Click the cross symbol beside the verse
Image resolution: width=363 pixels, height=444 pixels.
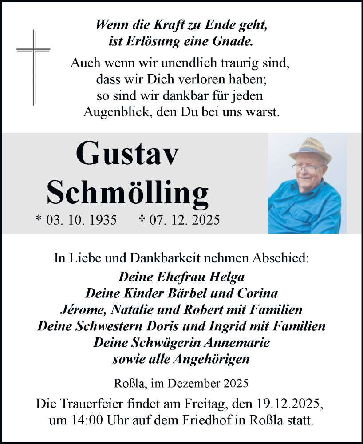(33, 67)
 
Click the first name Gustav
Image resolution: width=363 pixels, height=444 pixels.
(128, 154)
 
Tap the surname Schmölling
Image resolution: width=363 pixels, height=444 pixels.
(127, 192)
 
